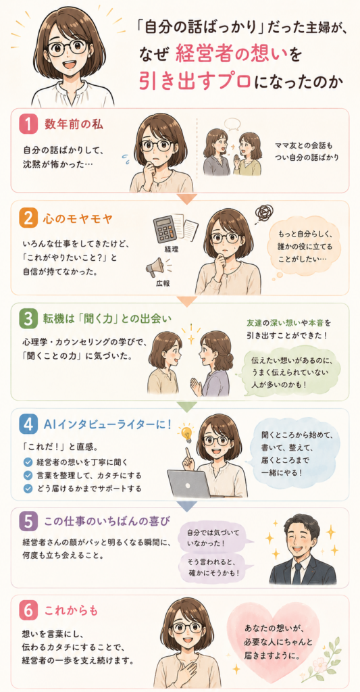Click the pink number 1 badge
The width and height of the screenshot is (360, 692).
pos(28,124)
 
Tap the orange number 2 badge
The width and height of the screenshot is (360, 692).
pos(28,218)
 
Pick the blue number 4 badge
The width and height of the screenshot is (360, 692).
pos(28,424)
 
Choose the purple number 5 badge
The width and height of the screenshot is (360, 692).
pos(28,522)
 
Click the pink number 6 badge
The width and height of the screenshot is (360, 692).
pos(28,612)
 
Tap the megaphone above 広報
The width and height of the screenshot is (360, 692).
pos(156,266)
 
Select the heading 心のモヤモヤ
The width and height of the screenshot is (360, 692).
pos(73,218)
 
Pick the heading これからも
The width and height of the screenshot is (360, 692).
pos(71,612)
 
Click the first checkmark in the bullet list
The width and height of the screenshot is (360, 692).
pos(28,462)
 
